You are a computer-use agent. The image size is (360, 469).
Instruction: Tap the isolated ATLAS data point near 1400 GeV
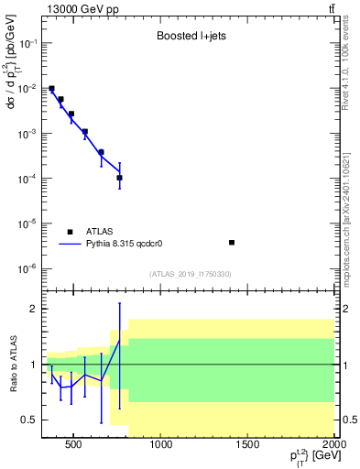[232, 243]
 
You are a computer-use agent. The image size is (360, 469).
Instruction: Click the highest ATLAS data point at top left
[51, 89]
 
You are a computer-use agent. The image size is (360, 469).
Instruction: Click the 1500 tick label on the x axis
[248, 446]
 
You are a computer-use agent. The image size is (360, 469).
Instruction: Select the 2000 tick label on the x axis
[334, 446]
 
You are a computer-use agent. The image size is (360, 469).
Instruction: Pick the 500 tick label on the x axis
[76, 446]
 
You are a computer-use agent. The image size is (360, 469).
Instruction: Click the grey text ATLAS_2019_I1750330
[190, 274]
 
